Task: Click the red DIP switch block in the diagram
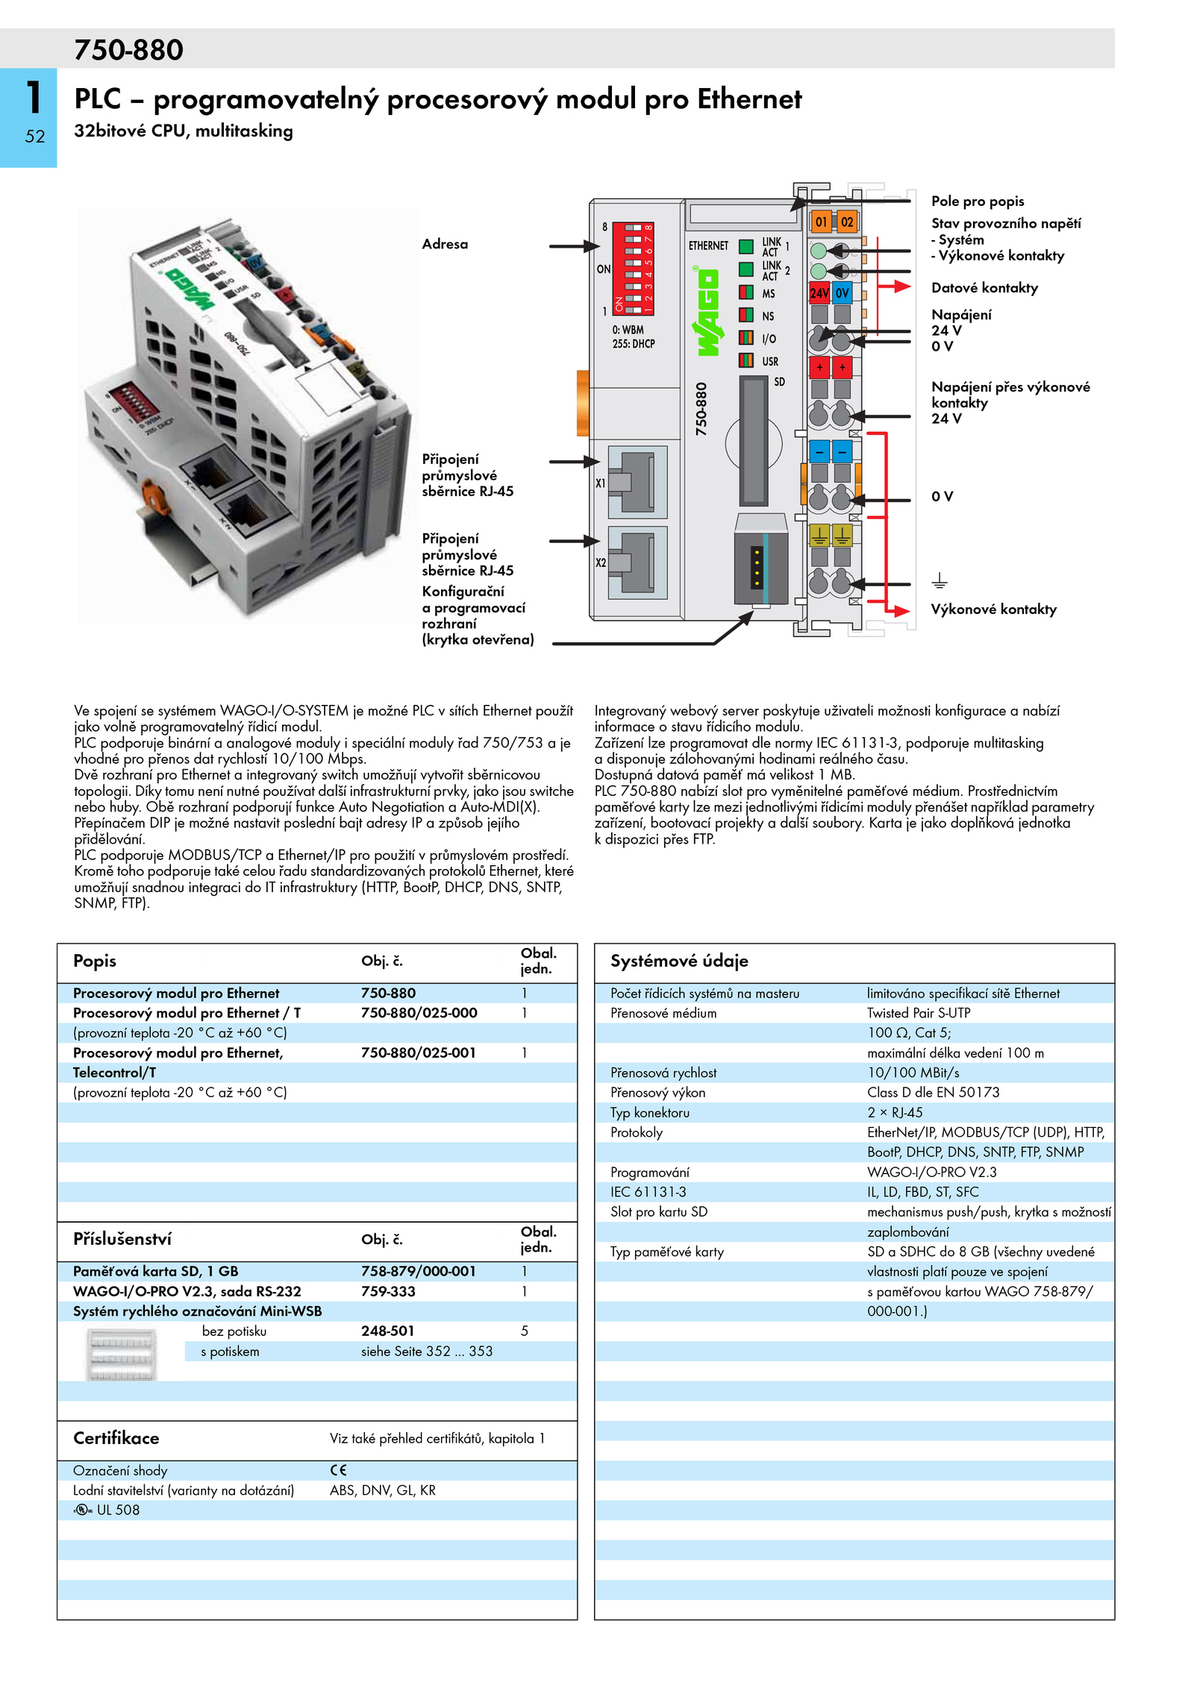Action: coord(633,268)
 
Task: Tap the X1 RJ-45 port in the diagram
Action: coord(637,482)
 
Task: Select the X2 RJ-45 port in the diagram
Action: coord(637,562)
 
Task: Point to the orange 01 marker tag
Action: coord(821,222)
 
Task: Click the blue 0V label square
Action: coord(843,293)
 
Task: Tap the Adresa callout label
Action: coord(445,244)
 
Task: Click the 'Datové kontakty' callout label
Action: coord(984,288)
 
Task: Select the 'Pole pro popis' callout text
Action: coord(978,201)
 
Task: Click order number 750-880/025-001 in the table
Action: coord(419,1052)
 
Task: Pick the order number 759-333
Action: coord(388,1291)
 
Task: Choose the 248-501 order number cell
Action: coord(388,1331)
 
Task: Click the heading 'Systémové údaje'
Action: coord(679,961)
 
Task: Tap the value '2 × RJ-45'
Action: coord(895,1112)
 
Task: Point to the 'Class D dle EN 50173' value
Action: coord(933,1092)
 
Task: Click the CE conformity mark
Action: coord(338,1470)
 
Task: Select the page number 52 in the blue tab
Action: coord(35,137)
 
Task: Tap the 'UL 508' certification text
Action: coord(118,1510)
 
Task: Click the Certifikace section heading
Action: coord(116,1437)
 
